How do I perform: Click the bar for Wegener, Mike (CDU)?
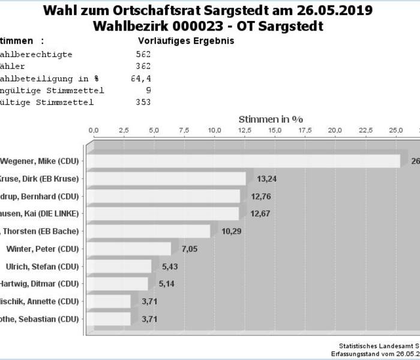point(246,161)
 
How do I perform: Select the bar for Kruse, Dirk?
point(169,179)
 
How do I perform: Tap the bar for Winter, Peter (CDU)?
point(132,249)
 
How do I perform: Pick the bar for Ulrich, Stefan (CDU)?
point(122,266)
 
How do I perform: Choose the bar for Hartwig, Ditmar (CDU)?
point(121,284)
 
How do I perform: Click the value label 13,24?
point(266,179)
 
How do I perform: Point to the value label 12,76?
point(260,196)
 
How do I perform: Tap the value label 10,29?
point(231,231)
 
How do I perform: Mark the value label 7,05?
point(190,249)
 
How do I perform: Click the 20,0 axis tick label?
point(335,130)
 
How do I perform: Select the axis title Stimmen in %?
point(271,119)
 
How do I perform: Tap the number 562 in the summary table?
point(143,55)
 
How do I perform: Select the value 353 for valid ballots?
point(143,103)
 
